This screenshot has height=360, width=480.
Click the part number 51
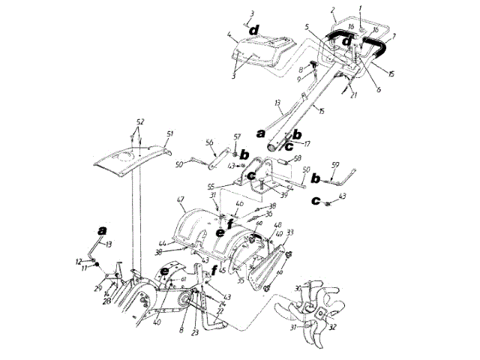(169, 133)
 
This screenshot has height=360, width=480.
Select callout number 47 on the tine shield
(179, 200)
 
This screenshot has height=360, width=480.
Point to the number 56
(210, 142)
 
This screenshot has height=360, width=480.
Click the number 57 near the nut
(238, 137)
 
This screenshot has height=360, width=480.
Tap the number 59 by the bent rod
(335, 164)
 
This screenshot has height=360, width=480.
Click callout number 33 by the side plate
(289, 233)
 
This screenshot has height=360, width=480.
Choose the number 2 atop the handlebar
(331, 9)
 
